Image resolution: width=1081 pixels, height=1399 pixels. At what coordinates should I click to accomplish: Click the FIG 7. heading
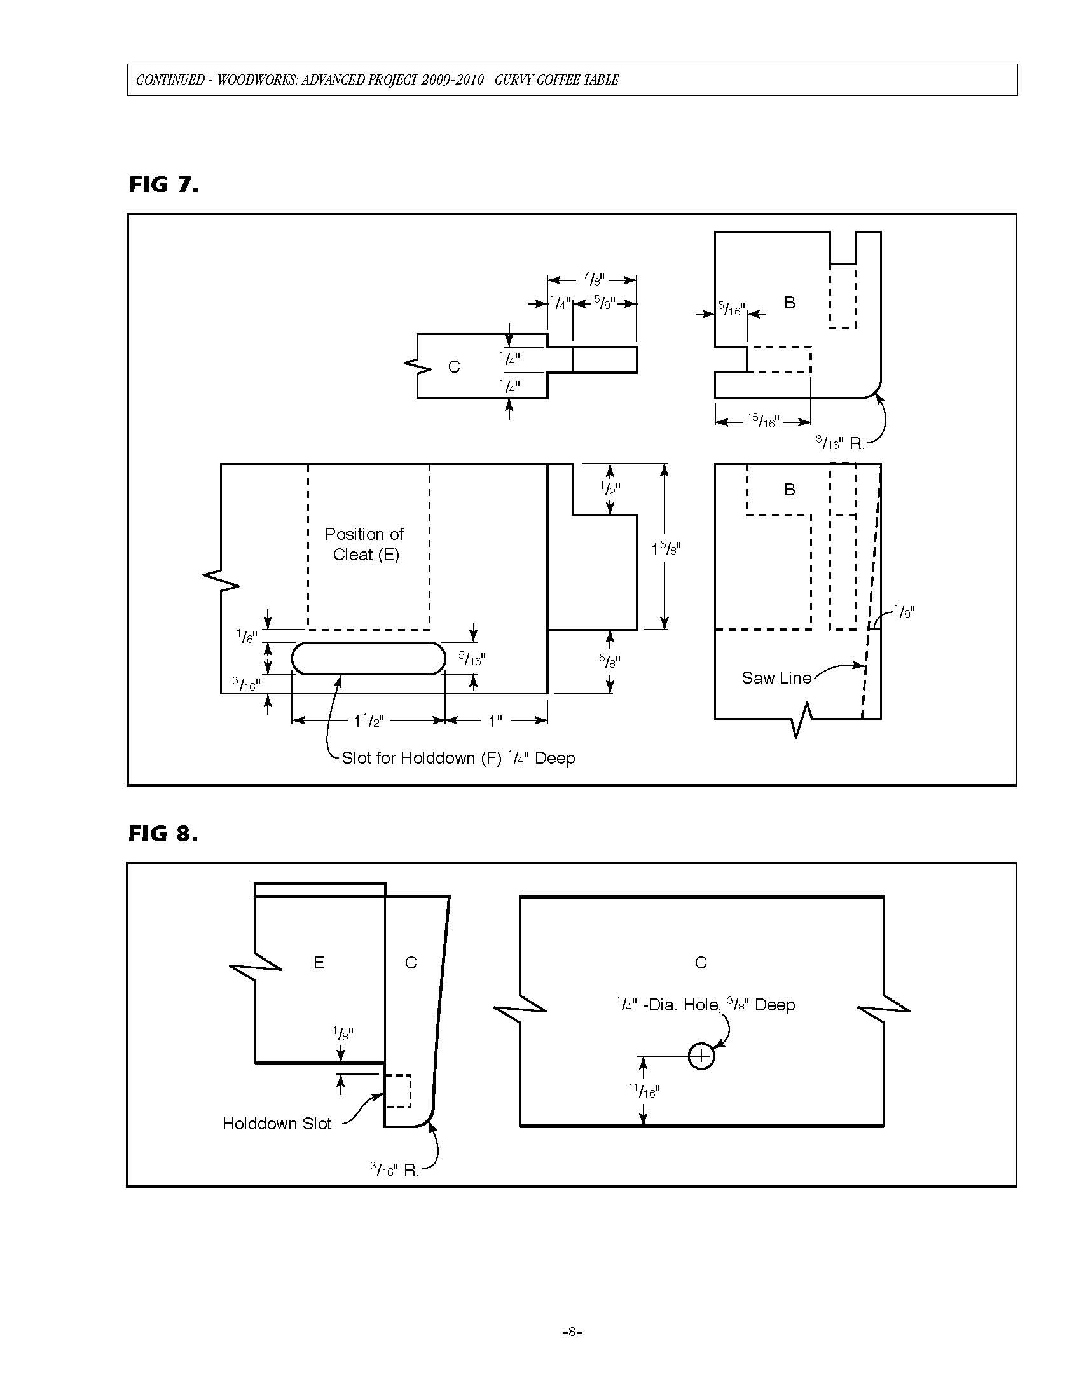pyautogui.click(x=163, y=184)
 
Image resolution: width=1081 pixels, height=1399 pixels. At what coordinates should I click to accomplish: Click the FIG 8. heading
pyautogui.click(x=163, y=834)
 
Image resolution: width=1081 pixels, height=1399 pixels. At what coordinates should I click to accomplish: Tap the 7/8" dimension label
pyautogui.click(x=594, y=279)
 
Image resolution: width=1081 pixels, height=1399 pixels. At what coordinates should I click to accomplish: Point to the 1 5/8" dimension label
pyautogui.click(x=666, y=549)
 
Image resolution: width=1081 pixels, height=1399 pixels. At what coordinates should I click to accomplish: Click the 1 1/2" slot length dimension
pyautogui.click(x=368, y=721)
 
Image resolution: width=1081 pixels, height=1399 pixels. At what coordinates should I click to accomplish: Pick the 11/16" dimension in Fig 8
pyautogui.click(x=644, y=1091)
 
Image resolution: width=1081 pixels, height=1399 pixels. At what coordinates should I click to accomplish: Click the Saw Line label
pyautogui.click(x=776, y=678)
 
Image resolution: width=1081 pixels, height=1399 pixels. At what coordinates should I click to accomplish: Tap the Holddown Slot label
pyautogui.click(x=277, y=1124)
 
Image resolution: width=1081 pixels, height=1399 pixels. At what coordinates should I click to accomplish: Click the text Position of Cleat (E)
pyautogui.click(x=364, y=544)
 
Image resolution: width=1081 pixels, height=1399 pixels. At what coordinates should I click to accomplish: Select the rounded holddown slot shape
pyautogui.click(x=368, y=659)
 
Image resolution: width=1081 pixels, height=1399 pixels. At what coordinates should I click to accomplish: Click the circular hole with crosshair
pyautogui.click(x=701, y=1056)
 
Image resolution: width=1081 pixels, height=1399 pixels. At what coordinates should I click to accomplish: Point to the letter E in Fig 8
pyautogui.click(x=319, y=962)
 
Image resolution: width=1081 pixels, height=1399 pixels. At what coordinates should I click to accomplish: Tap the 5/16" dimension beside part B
pyautogui.click(x=731, y=310)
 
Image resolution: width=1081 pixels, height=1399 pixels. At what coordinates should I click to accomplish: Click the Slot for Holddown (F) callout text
pyautogui.click(x=458, y=759)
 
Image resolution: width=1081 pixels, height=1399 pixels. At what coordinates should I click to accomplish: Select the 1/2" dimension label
pyautogui.click(x=610, y=489)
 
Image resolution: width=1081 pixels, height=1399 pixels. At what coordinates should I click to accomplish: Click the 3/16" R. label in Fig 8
pyautogui.click(x=394, y=1170)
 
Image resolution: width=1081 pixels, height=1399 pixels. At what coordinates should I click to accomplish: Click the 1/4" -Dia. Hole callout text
pyautogui.click(x=705, y=1004)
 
